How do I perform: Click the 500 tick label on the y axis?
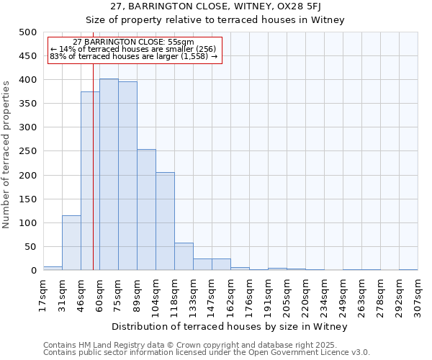(28, 32)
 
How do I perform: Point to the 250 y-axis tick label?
(28, 152)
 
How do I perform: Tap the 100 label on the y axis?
(28, 223)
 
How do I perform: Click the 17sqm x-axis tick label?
(43, 294)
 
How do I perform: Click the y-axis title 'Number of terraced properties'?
(7, 154)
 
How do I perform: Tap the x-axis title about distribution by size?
(230, 327)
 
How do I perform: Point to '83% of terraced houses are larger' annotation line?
(134, 56)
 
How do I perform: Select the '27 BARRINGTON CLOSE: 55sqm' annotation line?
(134, 42)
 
